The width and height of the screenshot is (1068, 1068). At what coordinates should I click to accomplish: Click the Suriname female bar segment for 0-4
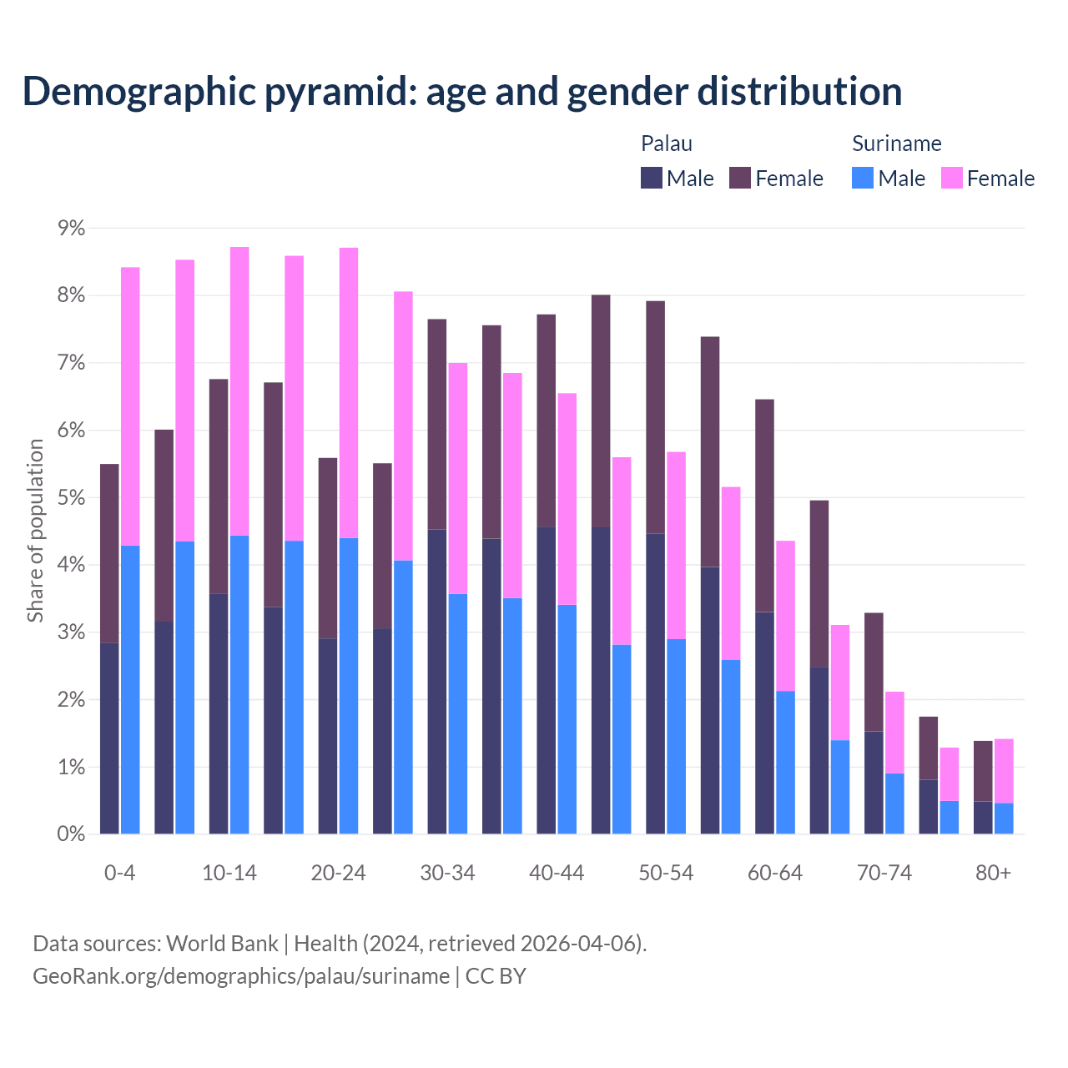pos(130,406)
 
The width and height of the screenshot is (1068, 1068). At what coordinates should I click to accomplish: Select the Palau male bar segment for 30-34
pos(437,682)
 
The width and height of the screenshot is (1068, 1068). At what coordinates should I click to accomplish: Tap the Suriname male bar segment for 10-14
pos(239,684)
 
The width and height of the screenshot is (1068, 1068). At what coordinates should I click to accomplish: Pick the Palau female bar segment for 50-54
pos(656,417)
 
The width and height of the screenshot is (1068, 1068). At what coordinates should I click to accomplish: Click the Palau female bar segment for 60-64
pos(764,506)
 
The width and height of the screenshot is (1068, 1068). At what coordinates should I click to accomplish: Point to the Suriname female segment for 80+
pos(1004,771)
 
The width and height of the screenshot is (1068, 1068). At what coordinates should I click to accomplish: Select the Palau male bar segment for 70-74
pos(874,783)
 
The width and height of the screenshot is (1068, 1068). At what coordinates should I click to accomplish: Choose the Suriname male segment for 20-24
pos(349,686)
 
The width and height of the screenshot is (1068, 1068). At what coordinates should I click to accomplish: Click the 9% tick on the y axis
pos(71,229)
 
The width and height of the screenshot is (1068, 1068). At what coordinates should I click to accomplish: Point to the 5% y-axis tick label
pos(71,498)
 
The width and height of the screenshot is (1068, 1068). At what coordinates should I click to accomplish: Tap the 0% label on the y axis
pos(71,834)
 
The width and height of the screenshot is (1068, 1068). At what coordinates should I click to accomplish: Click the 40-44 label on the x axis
pos(557,874)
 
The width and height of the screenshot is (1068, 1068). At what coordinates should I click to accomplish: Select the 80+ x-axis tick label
pos(993,874)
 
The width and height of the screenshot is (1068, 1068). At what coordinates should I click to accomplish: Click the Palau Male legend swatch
pos(652,178)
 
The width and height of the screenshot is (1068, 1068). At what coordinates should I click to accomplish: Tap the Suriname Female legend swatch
pos(951,178)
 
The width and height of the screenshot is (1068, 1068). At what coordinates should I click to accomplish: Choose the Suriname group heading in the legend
pos(896,144)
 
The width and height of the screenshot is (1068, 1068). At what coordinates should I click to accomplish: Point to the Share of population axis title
pos(35,531)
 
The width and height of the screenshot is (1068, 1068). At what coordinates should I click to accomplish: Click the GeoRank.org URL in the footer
pos(240,976)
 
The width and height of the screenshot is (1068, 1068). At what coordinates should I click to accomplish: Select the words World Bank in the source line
pos(222,944)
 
